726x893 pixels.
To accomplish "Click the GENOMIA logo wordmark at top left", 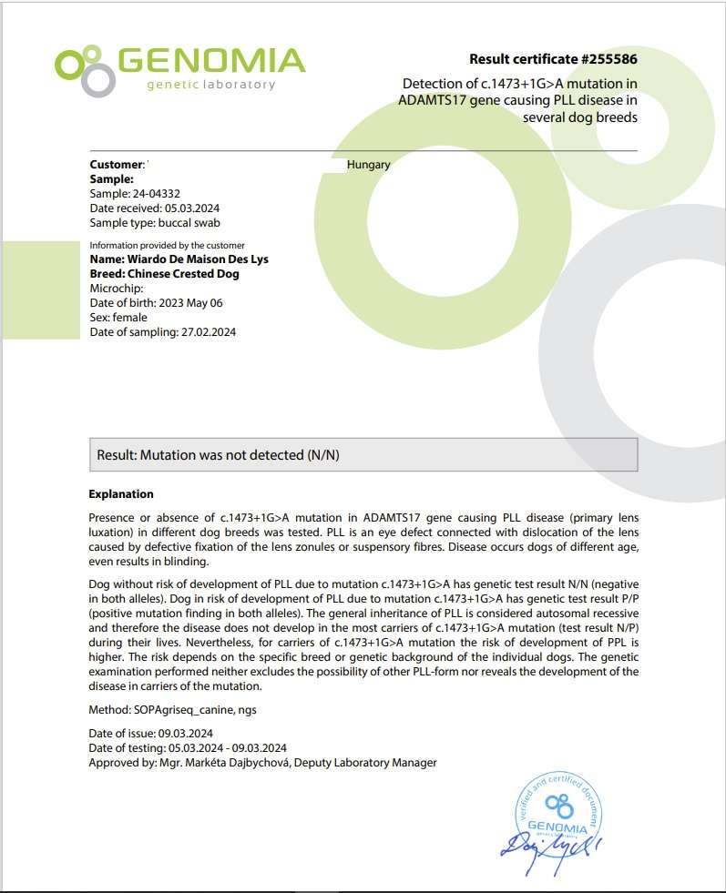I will point(210,61).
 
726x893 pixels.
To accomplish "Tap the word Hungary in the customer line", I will point(369,165).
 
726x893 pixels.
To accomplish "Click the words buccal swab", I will point(189,223).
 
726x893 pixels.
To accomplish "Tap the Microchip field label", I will point(117,288).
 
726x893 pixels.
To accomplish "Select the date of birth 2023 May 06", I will point(190,302).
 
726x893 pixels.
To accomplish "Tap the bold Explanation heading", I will point(121,494).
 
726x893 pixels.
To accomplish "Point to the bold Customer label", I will point(116,165).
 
